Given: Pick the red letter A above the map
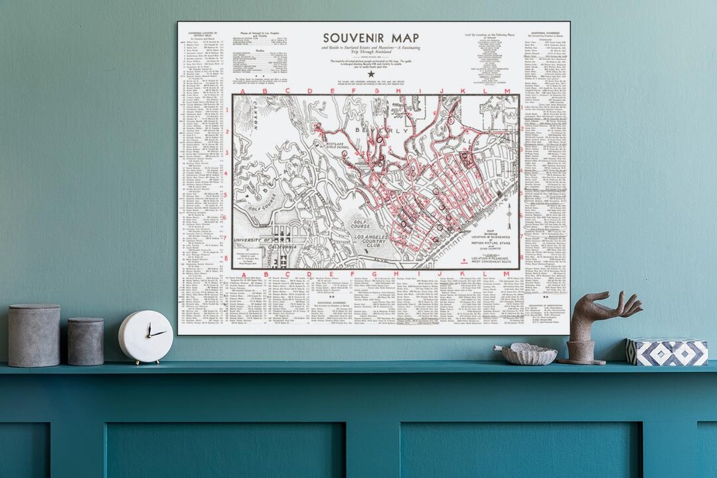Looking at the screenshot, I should [x=244, y=91].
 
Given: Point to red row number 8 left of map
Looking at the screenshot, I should [x=226, y=258].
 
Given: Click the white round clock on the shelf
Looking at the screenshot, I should [x=145, y=337].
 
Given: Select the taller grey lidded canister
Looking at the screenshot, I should [x=34, y=335].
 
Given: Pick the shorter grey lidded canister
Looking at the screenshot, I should [x=86, y=341].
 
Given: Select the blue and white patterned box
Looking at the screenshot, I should [x=667, y=351].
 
